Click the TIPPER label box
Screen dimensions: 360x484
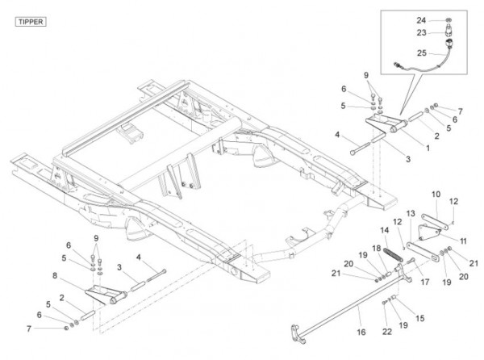coord(31,22)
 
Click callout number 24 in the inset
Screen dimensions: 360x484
coord(422,19)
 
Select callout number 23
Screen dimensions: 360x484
coord(422,33)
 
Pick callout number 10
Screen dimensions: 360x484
coord(436,194)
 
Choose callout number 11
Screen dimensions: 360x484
coord(462,241)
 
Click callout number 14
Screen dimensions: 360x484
coord(384,231)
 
